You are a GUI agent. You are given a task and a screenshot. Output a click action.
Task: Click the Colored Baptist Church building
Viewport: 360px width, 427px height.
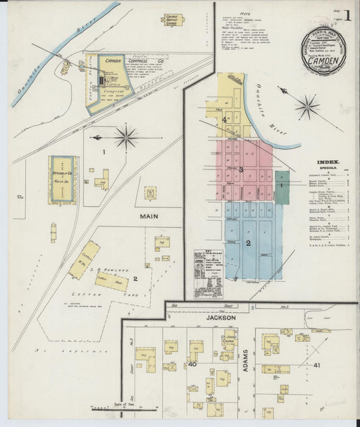tap(174, 21)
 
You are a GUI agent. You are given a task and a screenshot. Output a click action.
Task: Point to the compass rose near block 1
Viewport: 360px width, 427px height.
tap(126, 137)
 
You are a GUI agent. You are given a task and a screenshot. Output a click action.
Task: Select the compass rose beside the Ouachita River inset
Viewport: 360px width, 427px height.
tap(307, 106)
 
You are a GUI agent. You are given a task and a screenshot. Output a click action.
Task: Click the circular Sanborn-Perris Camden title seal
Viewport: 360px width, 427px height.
tap(324, 51)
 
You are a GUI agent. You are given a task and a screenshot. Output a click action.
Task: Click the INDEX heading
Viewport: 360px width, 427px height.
tap(328, 162)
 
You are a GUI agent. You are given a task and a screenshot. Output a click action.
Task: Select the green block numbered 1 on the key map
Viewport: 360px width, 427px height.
tap(282, 184)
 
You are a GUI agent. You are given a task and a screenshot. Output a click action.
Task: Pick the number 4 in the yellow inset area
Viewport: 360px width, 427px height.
tap(224, 120)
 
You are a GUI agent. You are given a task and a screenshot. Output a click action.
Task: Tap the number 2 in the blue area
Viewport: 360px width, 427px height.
tap(249, 243)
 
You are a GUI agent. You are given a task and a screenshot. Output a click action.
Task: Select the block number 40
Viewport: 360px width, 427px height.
tap(192, 365)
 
